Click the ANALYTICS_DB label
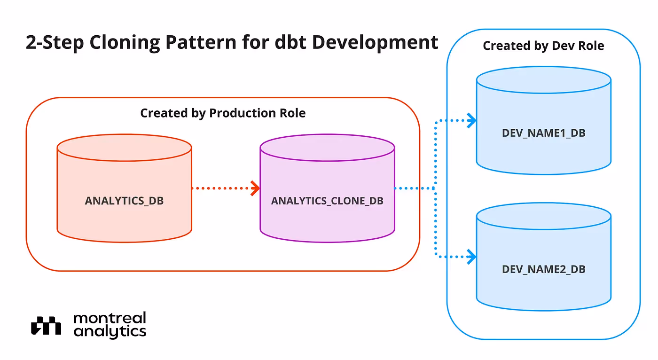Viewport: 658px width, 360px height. click(x=124, y=201)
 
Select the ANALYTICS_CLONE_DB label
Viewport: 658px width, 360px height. click(x=327, y=201)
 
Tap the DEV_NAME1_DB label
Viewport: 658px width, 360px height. click(x=544, y=133)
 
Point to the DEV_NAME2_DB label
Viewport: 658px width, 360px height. click(x=544, y=269)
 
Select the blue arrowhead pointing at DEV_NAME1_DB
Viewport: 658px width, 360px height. click(x=472, y=120)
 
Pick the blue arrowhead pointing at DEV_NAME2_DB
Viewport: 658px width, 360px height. click(x=472, y=257)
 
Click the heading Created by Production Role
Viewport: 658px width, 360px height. click(x=223, y=113)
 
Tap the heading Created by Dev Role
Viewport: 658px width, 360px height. click(x=543, y=46)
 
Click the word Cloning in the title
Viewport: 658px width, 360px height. click(x=125, y=43)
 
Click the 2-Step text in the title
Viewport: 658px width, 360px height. click(x=55, y=43)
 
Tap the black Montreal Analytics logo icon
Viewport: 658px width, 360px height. click(x=46, y=325)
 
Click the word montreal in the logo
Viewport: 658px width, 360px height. click(x=110, y=318)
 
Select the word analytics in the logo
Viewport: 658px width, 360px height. click(x=110, y=331)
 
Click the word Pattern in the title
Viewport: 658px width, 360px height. click(x=201, y=42)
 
